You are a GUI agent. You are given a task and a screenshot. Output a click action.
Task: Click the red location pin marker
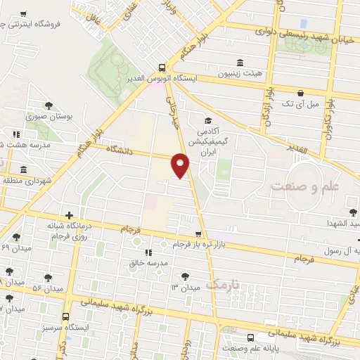pyautogui.click(x=181, y=165)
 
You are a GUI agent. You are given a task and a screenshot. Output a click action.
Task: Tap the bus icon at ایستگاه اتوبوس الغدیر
pyautogui.click(x=163, y=68)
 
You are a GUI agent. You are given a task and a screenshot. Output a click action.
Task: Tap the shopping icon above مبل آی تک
pyautogui.click(x=300, y=92)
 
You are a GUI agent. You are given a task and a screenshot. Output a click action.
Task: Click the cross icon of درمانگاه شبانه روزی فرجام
pyautogui.click(x=69, y=215)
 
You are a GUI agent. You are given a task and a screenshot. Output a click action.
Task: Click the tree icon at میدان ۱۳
pyautogui.click(x=185, y=274)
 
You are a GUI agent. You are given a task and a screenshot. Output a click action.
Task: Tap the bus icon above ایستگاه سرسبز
pyautogui.click(x=65, y=316)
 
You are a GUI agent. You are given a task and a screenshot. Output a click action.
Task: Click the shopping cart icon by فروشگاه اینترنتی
pyautogui.click(x=25, y=13)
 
